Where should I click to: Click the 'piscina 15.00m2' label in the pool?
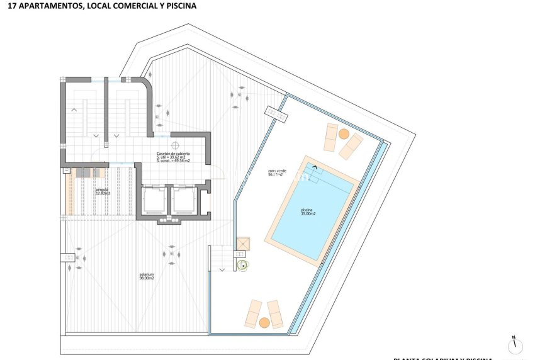pyautogui.click(x=308, y=212)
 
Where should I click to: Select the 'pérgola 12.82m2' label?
pyautogui.click(x=102, y=191)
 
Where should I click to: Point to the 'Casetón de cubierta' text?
pyautogui.click(x=173, y=154)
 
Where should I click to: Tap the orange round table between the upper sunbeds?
pyautogui.click(x=344, y=134)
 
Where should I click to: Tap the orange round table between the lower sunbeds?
pyautogui.click(x=264, y=322)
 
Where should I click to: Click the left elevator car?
pyautogui.click(x=153, y=201)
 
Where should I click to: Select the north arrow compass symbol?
pyautogui.click(x=515, y=346)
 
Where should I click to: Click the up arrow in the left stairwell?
pyautogui.click(x=74, y=110)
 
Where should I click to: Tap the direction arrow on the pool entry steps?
pyautogui.click(x=315, y=167)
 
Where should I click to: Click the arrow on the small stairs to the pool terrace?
pyautogui.click(x=221, y=269)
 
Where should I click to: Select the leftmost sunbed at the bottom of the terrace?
pyautogui.click(x=252, y=313)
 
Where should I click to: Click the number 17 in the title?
pyautogui.click(x=8, y=6)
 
